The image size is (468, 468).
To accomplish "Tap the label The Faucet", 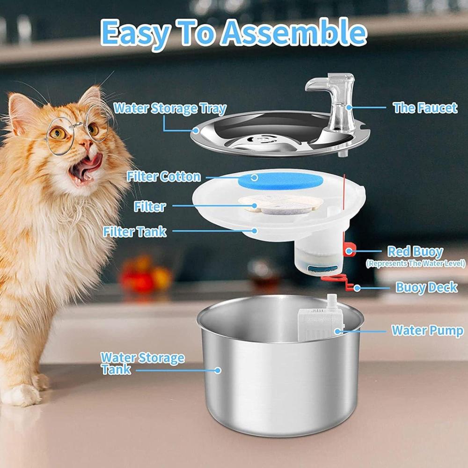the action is [425, 108].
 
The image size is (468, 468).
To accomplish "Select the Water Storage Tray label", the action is [170, 109].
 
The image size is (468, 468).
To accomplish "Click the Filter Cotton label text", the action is [164, 176].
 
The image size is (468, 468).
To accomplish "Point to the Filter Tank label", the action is [135, 232].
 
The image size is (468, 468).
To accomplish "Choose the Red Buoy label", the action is [415, 252].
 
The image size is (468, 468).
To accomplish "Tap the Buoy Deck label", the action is [426, 287].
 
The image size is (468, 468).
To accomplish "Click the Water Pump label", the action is [428, 330].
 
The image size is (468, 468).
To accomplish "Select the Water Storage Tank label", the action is [142, 363].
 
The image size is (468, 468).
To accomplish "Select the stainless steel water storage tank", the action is [280, 367].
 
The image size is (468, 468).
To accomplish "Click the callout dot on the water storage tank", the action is [218, 370].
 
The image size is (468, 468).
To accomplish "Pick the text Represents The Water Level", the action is [416, 263].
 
